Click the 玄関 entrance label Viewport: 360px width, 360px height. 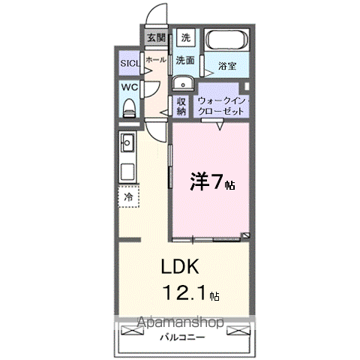click(155, 37)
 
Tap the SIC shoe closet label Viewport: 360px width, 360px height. click(129, 63)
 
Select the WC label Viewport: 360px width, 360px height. click(128, 88)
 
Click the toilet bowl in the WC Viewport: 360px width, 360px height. click(128, 106)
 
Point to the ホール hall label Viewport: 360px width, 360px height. click(155, 59)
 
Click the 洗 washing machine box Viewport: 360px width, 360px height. click(186, 37)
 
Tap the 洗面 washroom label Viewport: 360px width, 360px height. click(186, 60)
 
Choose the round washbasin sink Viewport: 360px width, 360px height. click(182, 83)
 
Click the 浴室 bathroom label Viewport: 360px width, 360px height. click(227, 66)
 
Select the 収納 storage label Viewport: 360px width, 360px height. click(181, 106)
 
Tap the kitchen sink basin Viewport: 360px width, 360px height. click(126, 140)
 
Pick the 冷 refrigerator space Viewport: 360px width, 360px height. click(128, 196)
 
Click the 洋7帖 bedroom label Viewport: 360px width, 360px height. click(212, 181)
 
